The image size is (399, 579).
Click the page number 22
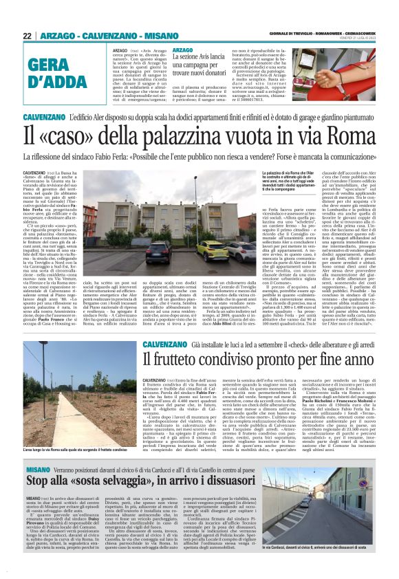[x=27, y=36]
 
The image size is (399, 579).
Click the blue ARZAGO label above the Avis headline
[x=182, y=50]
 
